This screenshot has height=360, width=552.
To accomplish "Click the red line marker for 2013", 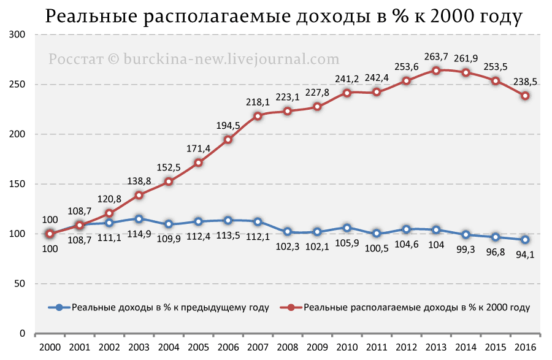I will (x=436, y=71).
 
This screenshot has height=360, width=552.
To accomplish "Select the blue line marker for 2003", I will (x=139, y=219).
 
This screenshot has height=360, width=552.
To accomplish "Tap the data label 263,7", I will (x=436, y=56).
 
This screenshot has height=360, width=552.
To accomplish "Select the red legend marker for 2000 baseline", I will (x=291, y=307).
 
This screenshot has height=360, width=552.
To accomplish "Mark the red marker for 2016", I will (x=525, y=96).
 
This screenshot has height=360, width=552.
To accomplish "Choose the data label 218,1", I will (x=258, y=102).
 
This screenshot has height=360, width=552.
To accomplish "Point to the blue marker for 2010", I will (x=347, y=228).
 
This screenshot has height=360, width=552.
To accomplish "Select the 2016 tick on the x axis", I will (x=526, y=348).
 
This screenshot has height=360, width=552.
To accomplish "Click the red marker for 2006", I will (x=228, y=139).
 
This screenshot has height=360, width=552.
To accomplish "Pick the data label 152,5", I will (x=169, y=168).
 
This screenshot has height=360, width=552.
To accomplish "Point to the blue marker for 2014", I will (x=466, y=234).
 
